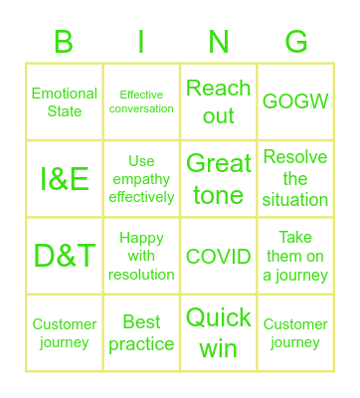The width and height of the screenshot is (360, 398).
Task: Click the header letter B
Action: point(64,42)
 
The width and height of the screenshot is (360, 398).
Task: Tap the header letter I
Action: point(141,42)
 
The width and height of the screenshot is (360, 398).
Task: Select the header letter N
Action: point(219,42)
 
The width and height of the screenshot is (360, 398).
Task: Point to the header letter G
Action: point(295,42)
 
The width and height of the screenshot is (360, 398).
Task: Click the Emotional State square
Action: point(65,101)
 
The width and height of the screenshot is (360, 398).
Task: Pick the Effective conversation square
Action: point(141,101)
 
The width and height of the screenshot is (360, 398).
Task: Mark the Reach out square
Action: point(219,101)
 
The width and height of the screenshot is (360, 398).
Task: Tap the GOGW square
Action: point(295,101)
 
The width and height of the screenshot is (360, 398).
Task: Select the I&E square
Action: point(65,179)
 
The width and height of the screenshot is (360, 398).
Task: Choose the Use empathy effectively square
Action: point(141,179)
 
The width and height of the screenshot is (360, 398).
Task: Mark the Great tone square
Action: point(219,179)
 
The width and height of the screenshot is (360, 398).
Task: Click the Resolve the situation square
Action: point(295,179)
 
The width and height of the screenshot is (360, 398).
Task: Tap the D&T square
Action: point(65,256)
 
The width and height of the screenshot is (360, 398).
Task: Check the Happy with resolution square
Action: point(141,256)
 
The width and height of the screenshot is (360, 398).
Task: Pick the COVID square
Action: point(219,256)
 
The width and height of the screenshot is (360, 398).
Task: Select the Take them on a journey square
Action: point(295,256)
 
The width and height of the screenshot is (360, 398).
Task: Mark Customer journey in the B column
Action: point(65,333)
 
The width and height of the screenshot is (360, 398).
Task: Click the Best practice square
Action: point(141,333)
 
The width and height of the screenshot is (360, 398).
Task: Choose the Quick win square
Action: point(219,333)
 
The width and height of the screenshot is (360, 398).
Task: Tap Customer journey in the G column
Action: point(295,333)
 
